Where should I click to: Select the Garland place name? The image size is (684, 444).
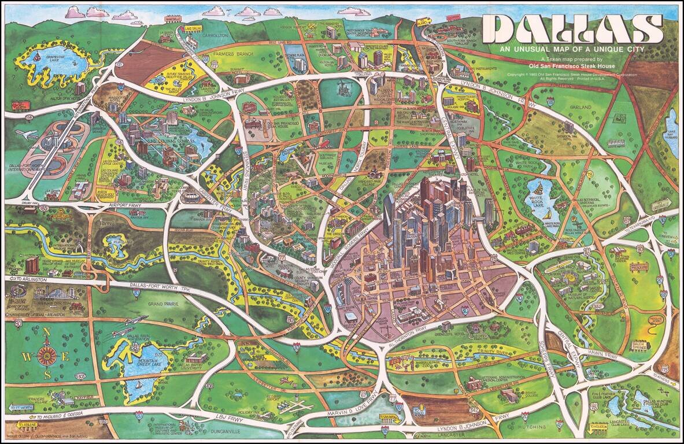(581, 108)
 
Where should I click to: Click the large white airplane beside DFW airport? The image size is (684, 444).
(26, 135)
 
